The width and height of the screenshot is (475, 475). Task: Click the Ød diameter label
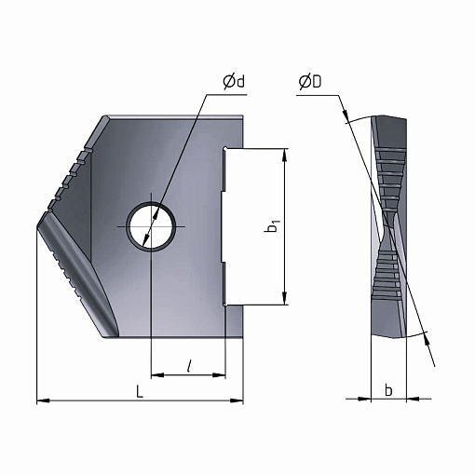[234, 82]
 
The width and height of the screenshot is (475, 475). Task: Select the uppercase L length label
[140, 392]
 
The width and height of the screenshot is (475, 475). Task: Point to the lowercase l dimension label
[188, 366]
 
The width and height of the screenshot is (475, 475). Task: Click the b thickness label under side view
[388, 390]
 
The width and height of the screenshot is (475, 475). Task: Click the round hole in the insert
[151, 226]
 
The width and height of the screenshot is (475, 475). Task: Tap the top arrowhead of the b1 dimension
[284, 155]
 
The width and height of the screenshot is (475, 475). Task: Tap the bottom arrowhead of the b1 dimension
[284, 298]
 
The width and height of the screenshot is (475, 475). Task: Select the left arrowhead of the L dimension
[43, 400]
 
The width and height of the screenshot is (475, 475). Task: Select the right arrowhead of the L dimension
[237, 400]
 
